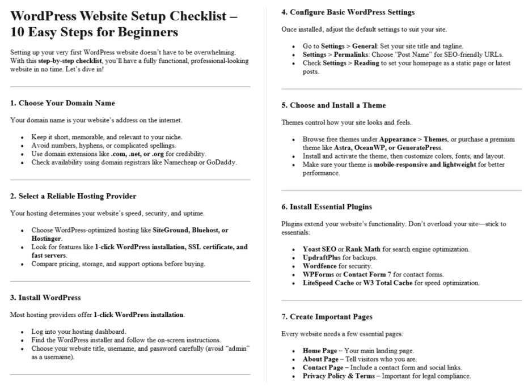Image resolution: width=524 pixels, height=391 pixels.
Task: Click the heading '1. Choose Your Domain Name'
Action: coord(62,103)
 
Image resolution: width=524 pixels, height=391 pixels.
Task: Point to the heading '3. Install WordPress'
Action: coord(46,297)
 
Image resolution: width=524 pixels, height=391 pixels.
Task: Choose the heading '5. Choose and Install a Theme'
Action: coord(337,105)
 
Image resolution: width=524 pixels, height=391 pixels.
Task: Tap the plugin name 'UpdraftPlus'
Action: coord(323,258)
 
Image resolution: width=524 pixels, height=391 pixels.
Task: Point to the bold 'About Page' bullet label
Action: coord(321,359)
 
